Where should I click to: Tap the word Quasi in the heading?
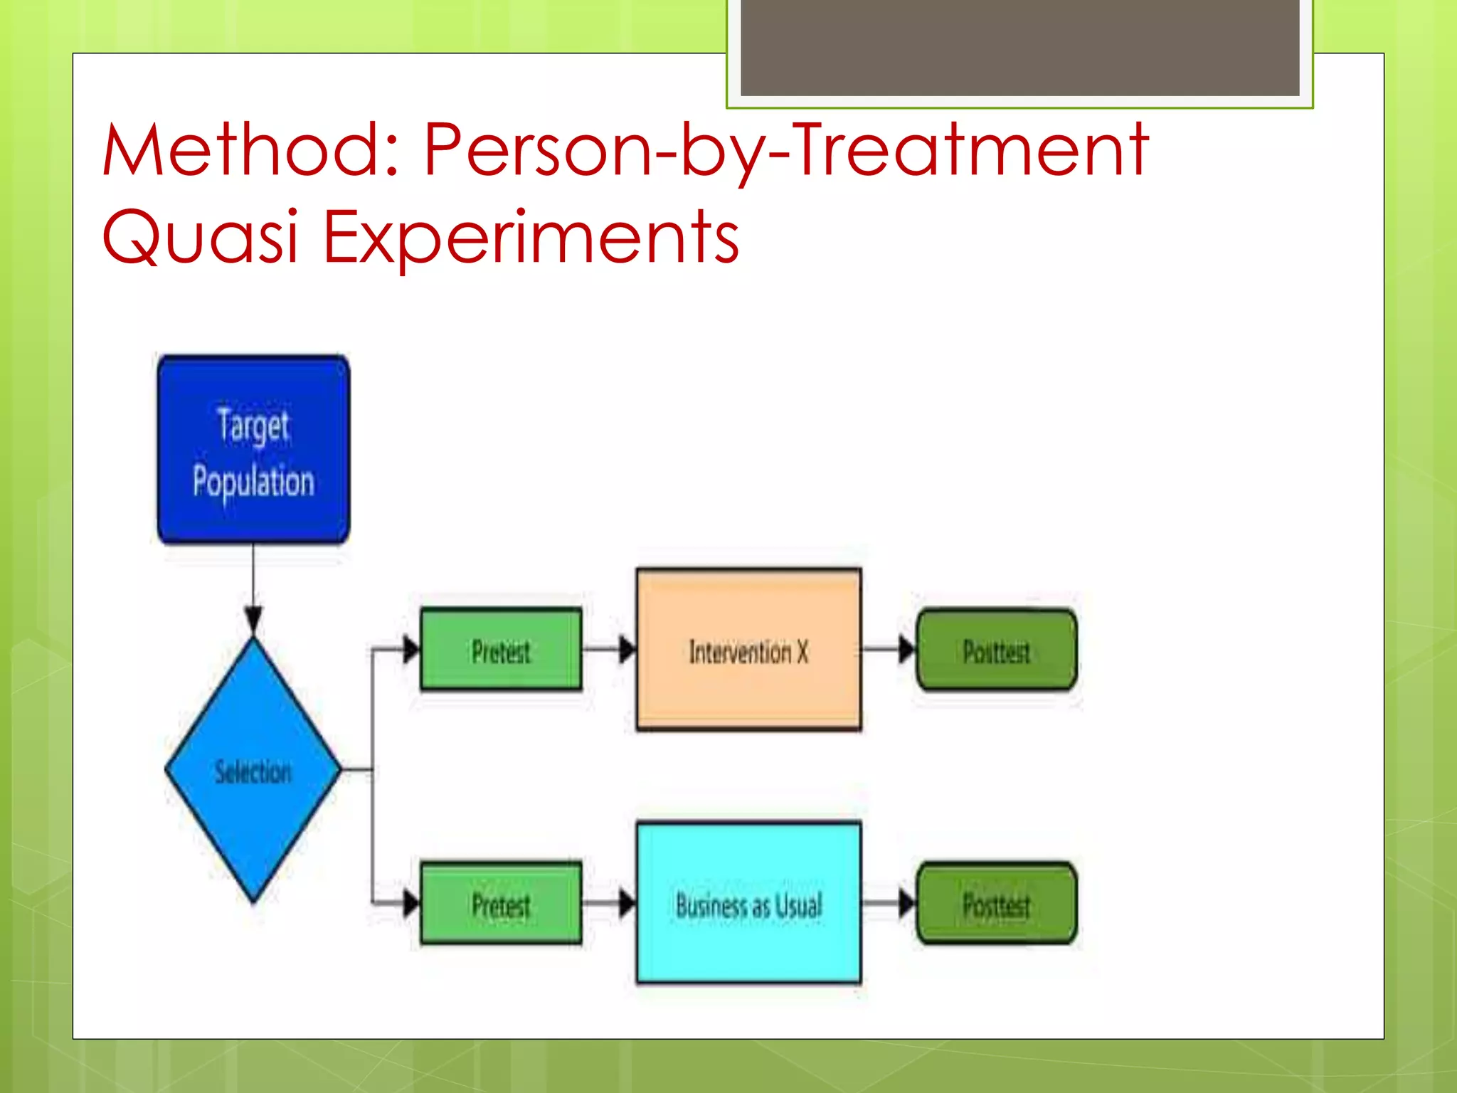pos(200,237)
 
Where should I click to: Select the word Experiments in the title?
pos(531,237)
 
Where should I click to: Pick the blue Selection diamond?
pos(253,771)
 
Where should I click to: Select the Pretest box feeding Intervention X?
pos(501,650)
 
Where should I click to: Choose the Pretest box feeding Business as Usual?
pos(501,904)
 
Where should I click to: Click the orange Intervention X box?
pos(748,650)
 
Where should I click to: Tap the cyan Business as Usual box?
pos(748,904)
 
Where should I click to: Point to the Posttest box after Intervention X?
pos(996,650)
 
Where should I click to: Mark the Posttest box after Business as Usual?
pos(996,904)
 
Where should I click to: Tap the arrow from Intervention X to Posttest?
pos(889,649)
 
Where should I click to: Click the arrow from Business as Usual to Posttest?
pos(889,904)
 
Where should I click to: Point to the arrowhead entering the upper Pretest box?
pos(411,649)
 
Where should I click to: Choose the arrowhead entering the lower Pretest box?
pos(411,904)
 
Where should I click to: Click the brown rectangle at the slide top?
pos(1019,47)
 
